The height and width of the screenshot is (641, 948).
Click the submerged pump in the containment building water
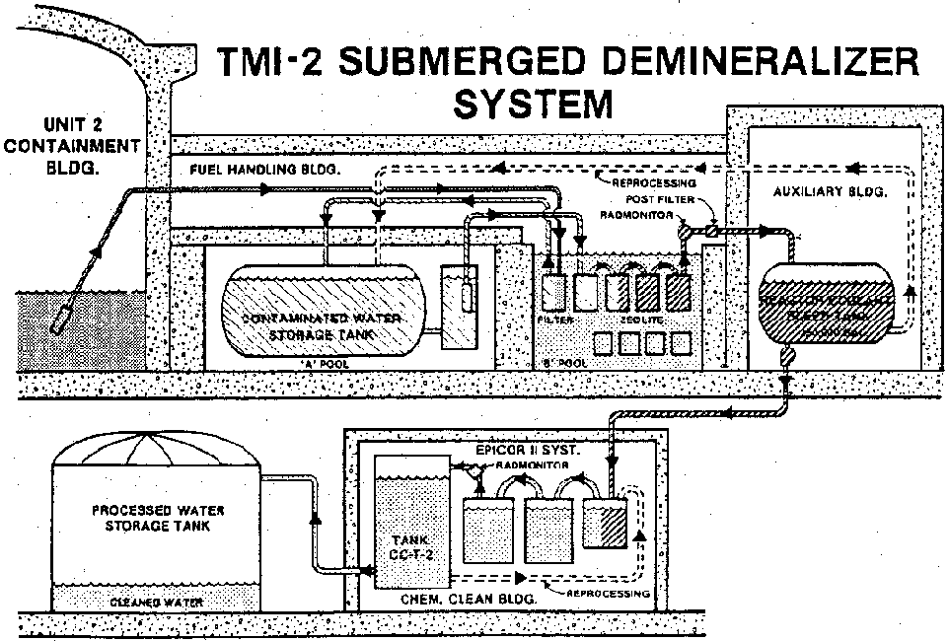[x=61, y=318]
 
